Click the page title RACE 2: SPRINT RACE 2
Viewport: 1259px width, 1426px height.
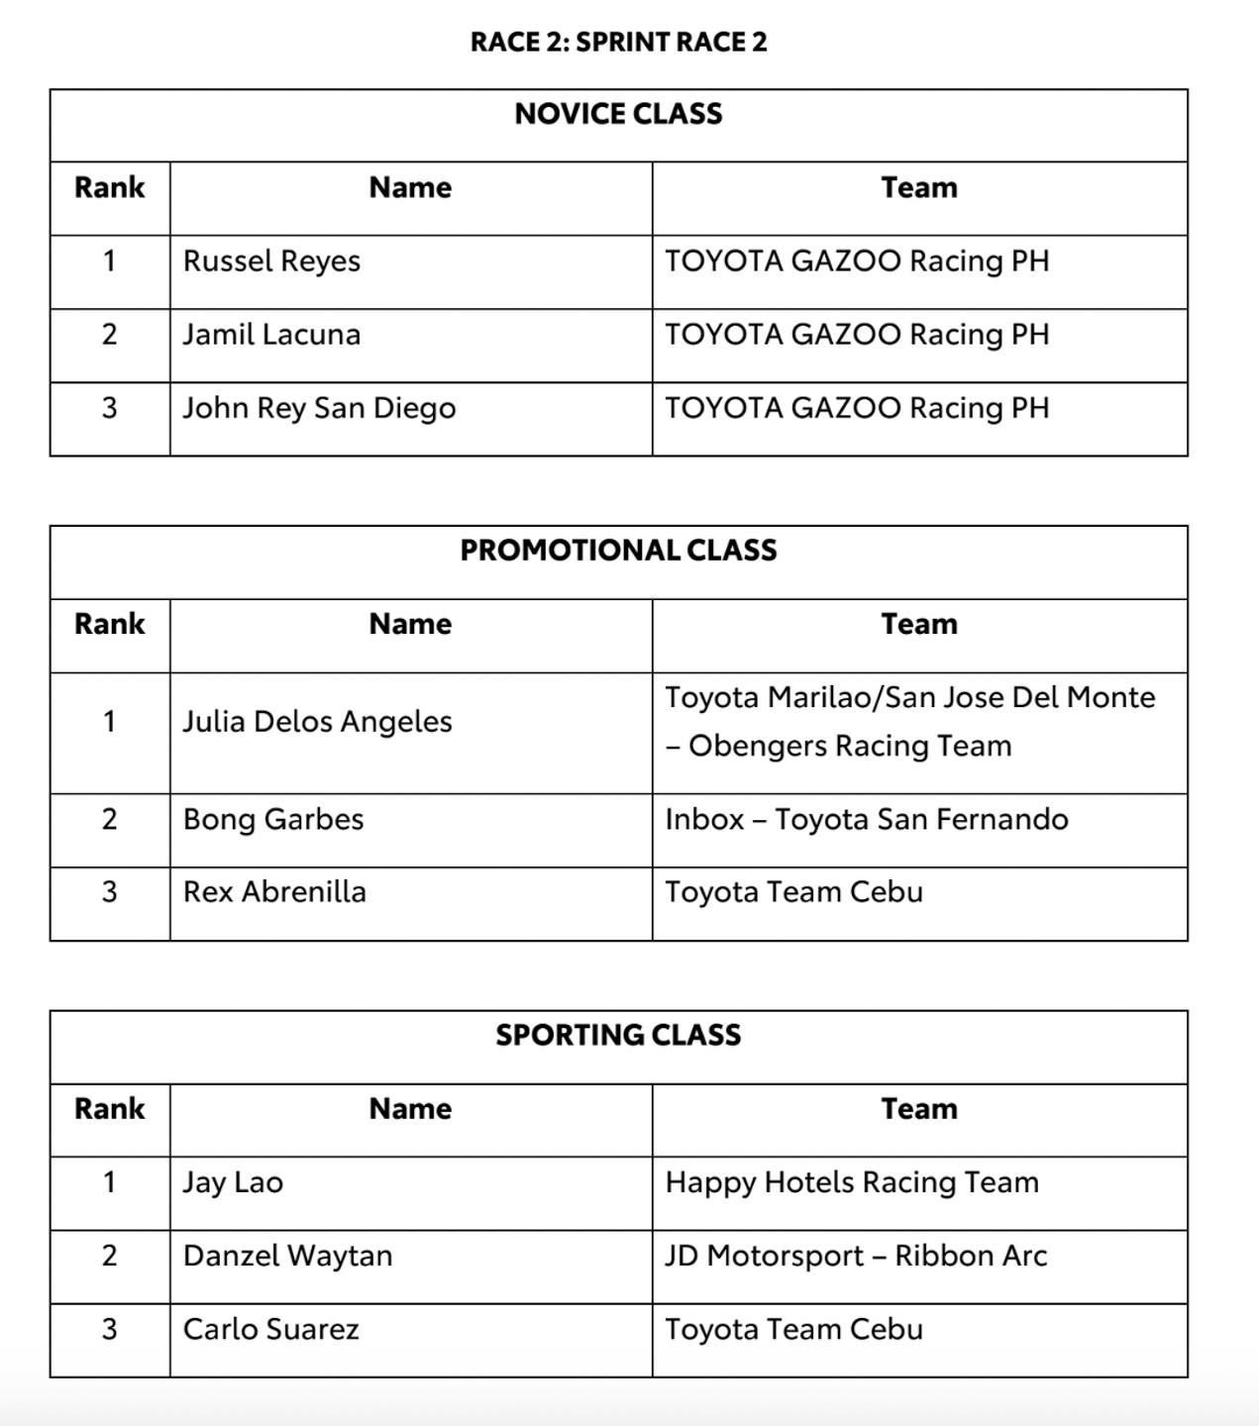point(618,42)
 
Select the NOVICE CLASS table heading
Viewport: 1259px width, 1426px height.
point(618,114)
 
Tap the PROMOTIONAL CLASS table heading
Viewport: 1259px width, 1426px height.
point(618,551)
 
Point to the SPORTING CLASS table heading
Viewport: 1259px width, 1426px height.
point(618,1035)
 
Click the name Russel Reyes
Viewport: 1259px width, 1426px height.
point(271,261)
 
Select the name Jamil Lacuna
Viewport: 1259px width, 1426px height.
point(271,335)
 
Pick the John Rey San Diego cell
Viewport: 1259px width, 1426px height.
point(319,408)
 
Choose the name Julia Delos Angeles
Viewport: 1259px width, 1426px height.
point(317,722)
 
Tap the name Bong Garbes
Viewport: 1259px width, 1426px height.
point(273,820)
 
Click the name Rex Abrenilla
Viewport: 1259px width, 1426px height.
point(274,892)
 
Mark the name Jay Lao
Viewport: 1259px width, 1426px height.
point(233,1182)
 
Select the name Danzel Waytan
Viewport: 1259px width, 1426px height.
point(287,1256)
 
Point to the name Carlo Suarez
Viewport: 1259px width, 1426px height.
point(270,1329)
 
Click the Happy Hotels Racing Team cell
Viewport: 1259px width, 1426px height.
point(852,1182)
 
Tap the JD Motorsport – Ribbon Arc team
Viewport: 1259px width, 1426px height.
point(856,1256)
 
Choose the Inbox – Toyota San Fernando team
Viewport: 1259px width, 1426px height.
point(867,820)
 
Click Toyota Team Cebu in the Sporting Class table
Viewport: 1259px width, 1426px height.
point(793,1329)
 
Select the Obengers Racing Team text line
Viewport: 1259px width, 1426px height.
point(839,746)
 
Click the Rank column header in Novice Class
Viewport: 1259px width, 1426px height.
point(109,187)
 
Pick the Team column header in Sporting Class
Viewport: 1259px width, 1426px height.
point(919,1109)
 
